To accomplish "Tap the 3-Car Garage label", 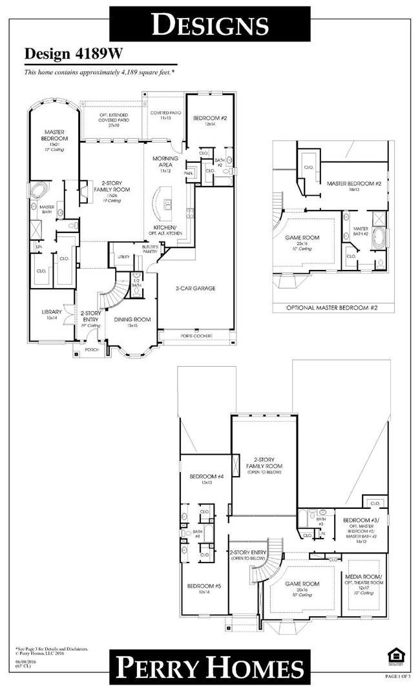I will click(195, 288).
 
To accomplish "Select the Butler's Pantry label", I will click(151, 249).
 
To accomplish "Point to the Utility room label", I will click(123, 257).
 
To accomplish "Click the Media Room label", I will click(364, 579).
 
